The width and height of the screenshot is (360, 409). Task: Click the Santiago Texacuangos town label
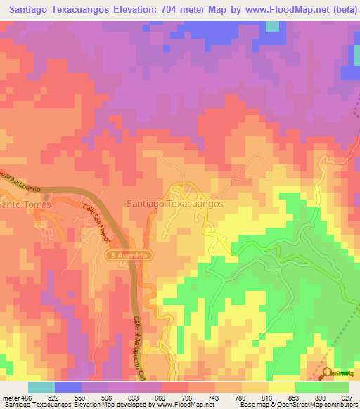click(174, 203)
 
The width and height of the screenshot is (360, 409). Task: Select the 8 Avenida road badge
click(129, 256)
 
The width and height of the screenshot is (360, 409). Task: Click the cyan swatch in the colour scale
click(41, 388)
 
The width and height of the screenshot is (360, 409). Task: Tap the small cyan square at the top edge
click(272, 26)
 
